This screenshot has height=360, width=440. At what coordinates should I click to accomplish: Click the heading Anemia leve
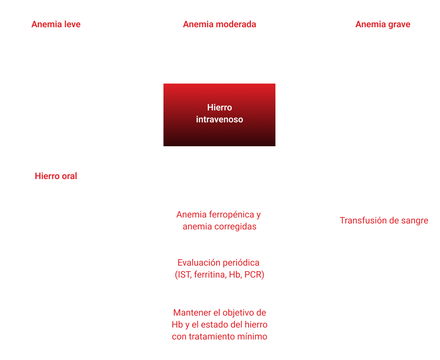(x=56, y=24)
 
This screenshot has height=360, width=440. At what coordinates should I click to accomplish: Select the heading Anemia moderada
(x=219, y=24)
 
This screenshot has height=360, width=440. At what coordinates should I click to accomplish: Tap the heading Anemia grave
(x=383, y=25)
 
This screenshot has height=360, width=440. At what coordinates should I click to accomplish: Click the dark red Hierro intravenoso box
(x=219, y=115)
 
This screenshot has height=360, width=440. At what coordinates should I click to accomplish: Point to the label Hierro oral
(x=56, y=176)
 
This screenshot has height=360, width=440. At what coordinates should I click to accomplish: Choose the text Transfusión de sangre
(x=384, y=220)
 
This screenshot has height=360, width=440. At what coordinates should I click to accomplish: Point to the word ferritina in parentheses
(x=210, y=275)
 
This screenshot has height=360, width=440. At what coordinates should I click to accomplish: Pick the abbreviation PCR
(x=254, y=275)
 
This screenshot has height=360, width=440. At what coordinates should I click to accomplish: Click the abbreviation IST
(x=184, y=275)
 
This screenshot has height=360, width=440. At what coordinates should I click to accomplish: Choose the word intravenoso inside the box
(x=219, y=119)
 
